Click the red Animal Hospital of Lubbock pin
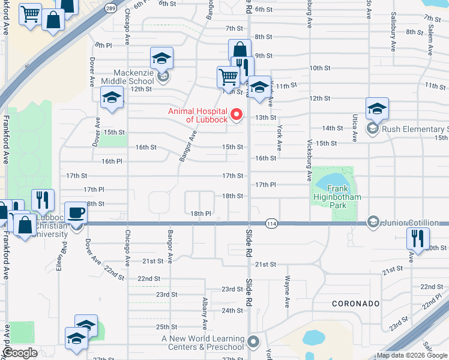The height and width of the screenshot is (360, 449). point(237,114)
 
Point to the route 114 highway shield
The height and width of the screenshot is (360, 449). point(271,222)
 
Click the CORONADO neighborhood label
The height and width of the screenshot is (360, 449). point(356,304)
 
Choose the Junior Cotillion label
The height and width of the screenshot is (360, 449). point(414,222)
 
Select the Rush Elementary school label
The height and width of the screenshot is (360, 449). point(414,129)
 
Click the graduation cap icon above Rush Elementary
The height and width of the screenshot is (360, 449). point(377,109)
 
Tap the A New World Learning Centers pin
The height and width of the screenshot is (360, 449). point(253,342)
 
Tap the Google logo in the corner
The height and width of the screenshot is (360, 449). point(20,353)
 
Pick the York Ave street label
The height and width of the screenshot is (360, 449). point(280,138)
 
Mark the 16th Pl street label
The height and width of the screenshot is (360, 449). point(112,161)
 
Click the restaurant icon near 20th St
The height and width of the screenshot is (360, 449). point(417,238)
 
